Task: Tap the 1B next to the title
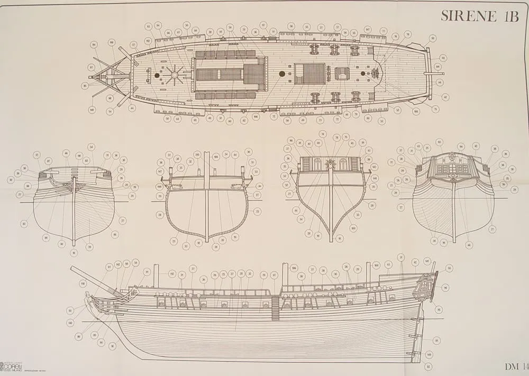[x=509, y=16]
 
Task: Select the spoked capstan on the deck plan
[x=174, y=75]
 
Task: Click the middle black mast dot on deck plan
[x=282, y=74]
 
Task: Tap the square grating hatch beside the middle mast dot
[x=309, y=74]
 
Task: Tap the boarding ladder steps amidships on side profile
[x=275, y=308]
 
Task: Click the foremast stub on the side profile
[x=156, y=276]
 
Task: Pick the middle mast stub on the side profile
[x=285, y=274]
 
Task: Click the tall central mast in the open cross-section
[x=207, y=201]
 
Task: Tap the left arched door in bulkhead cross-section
[x=317, y=164]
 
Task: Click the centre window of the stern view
[x=453, y=169]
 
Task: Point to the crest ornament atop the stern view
[x=453, y=157]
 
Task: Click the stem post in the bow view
[x=74, y=212]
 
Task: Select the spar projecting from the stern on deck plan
[x=435, y=74]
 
